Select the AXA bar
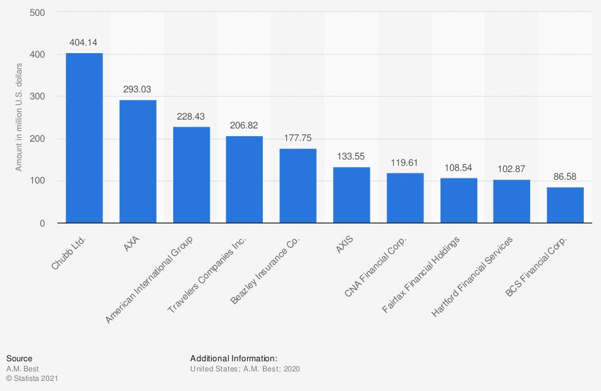click(138, 161)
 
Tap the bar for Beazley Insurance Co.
click(298, 186)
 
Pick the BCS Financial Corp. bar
click(565, 205)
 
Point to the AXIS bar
click(351, 195)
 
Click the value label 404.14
click(84, 43)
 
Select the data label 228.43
click(191, 117)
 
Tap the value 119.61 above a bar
click(405, 163)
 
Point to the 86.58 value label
click(565, 177)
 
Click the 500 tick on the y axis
click(37, 13)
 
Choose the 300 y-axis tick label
click(37, 97)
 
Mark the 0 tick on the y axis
click(42, 223)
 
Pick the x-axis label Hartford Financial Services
click(473, 276)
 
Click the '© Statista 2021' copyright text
click(32, 378)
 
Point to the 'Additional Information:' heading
click(234, 358)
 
